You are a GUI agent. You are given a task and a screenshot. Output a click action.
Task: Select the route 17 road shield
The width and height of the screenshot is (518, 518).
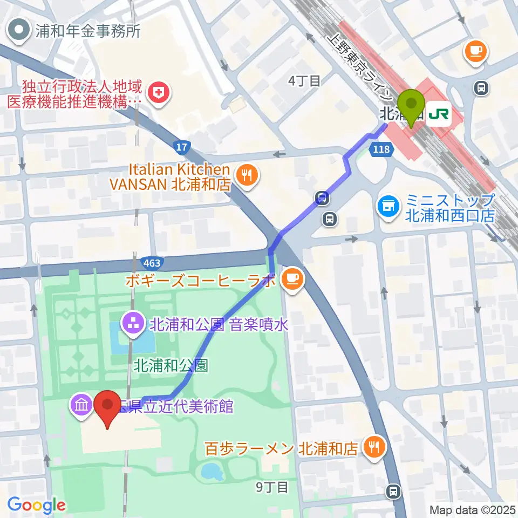pyautogui.click(x=181, y=146)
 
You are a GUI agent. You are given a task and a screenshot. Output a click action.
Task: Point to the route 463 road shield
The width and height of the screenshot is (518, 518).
pyautogui.click(x=151, y=263)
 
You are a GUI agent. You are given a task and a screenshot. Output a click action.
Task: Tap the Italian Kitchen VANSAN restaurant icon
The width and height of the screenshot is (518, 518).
pyautogui.click(x=248, y=174)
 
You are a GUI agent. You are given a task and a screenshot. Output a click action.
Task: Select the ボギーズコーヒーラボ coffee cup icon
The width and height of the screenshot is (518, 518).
pyautogui.click(x=293, y=278)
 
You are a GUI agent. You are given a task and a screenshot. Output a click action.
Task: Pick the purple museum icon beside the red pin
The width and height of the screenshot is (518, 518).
pyautogui.click(x=81, y=405)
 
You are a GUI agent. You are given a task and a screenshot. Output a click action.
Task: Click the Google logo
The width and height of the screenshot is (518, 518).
pyautogui.click(x=36, y=505)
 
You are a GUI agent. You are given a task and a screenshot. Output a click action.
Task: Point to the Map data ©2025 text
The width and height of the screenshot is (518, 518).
pyautogui.click(x=472, y=509)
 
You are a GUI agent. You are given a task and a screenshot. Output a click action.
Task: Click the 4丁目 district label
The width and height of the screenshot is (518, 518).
pyautogui.click(x=304, y=81)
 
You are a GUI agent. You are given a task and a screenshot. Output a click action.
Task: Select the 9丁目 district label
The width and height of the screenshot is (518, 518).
pyautogui.click(x=272, y=487)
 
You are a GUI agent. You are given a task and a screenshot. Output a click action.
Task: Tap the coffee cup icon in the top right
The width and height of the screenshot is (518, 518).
pyautogui.click(x=476, y=52)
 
